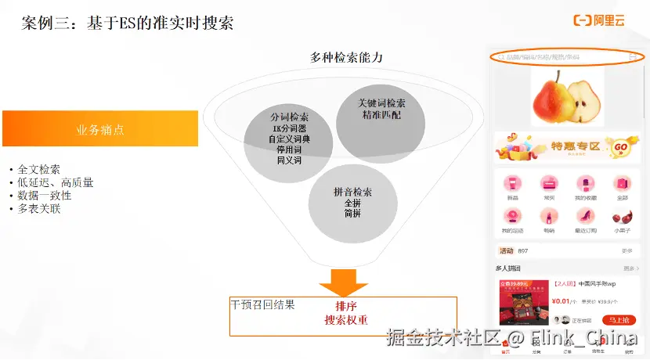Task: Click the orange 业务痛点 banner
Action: pyautogui.click(x=100, y=129)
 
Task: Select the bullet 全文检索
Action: pyautogui.click(x=39, y=169)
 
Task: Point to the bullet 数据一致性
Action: pyautogui.click(x=45, y=196)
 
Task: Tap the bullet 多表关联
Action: pyautogui.click(x=39, y=209)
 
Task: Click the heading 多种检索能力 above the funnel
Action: pyautogui.click(x=346, y=57)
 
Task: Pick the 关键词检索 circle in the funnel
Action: pyautogui.click(x=381, y=112)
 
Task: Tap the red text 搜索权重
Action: pyautogui.click(x=345, y=320)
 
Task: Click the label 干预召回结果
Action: pyautogui.click(x=262, y=304)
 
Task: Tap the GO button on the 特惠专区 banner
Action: pyautogui.click(x=620, y=146)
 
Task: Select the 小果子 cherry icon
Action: pyautogui.click(x=622, y=217)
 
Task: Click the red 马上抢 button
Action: pyautogui.click(x=619, y=320)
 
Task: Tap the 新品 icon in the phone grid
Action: pyautogui.click(x=512, y=185)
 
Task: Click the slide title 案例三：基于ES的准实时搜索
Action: pyautogui.click(x=128, y=23)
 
